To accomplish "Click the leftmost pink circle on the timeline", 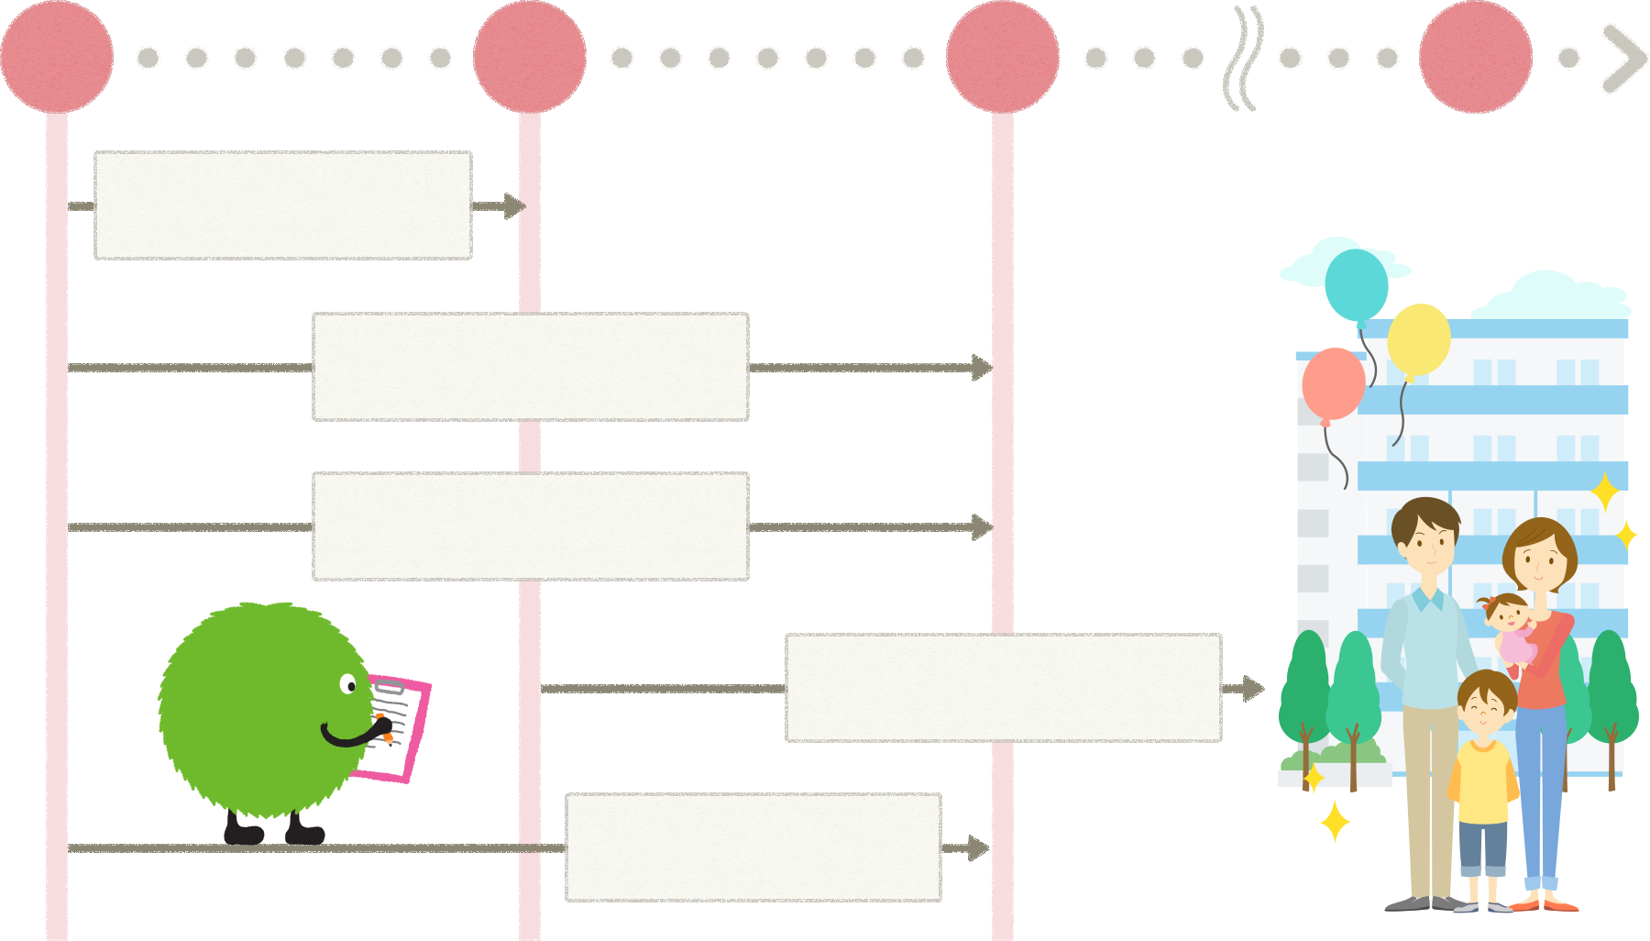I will (57, 57).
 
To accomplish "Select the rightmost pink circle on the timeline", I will (1475, 57).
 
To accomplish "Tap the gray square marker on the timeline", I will (1242, 58).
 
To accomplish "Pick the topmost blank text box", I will (282, 205).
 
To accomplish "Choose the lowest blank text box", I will (753, 847).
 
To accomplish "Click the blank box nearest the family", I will (1003, 688).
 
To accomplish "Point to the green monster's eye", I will (348, 684).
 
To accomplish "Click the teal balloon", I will (1356, 284).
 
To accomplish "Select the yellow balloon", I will (1418, 339).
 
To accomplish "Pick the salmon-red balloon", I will (1333, 383).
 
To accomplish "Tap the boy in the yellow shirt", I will (1483, 770).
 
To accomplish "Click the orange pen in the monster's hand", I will (384, 728).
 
